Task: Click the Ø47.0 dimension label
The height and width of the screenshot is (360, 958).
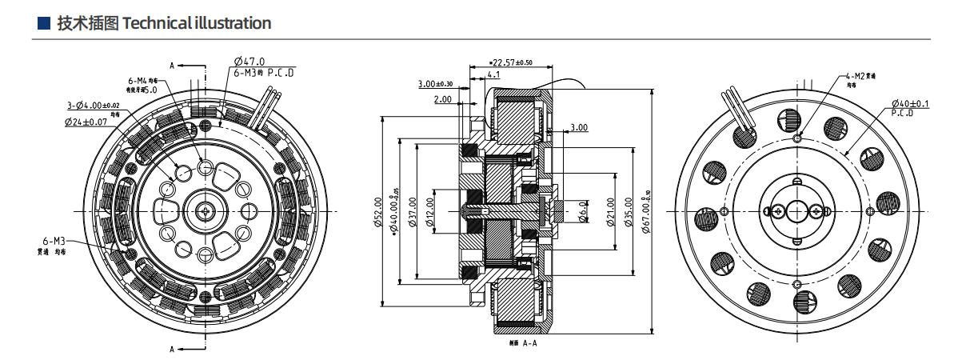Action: pos(250,62)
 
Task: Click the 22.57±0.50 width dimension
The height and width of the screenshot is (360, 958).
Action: pos(513,62)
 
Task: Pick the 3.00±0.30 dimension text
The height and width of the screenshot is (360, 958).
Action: pos(435,83)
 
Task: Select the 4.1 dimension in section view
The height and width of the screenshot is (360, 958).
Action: pos(493,74)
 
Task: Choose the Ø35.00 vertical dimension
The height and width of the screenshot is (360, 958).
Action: pos(628,212)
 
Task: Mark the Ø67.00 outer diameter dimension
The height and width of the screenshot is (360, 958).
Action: pos(645,212)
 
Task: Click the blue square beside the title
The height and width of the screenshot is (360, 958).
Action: pos(45,23)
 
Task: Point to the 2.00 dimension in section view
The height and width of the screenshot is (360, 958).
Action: pos(442,99)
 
